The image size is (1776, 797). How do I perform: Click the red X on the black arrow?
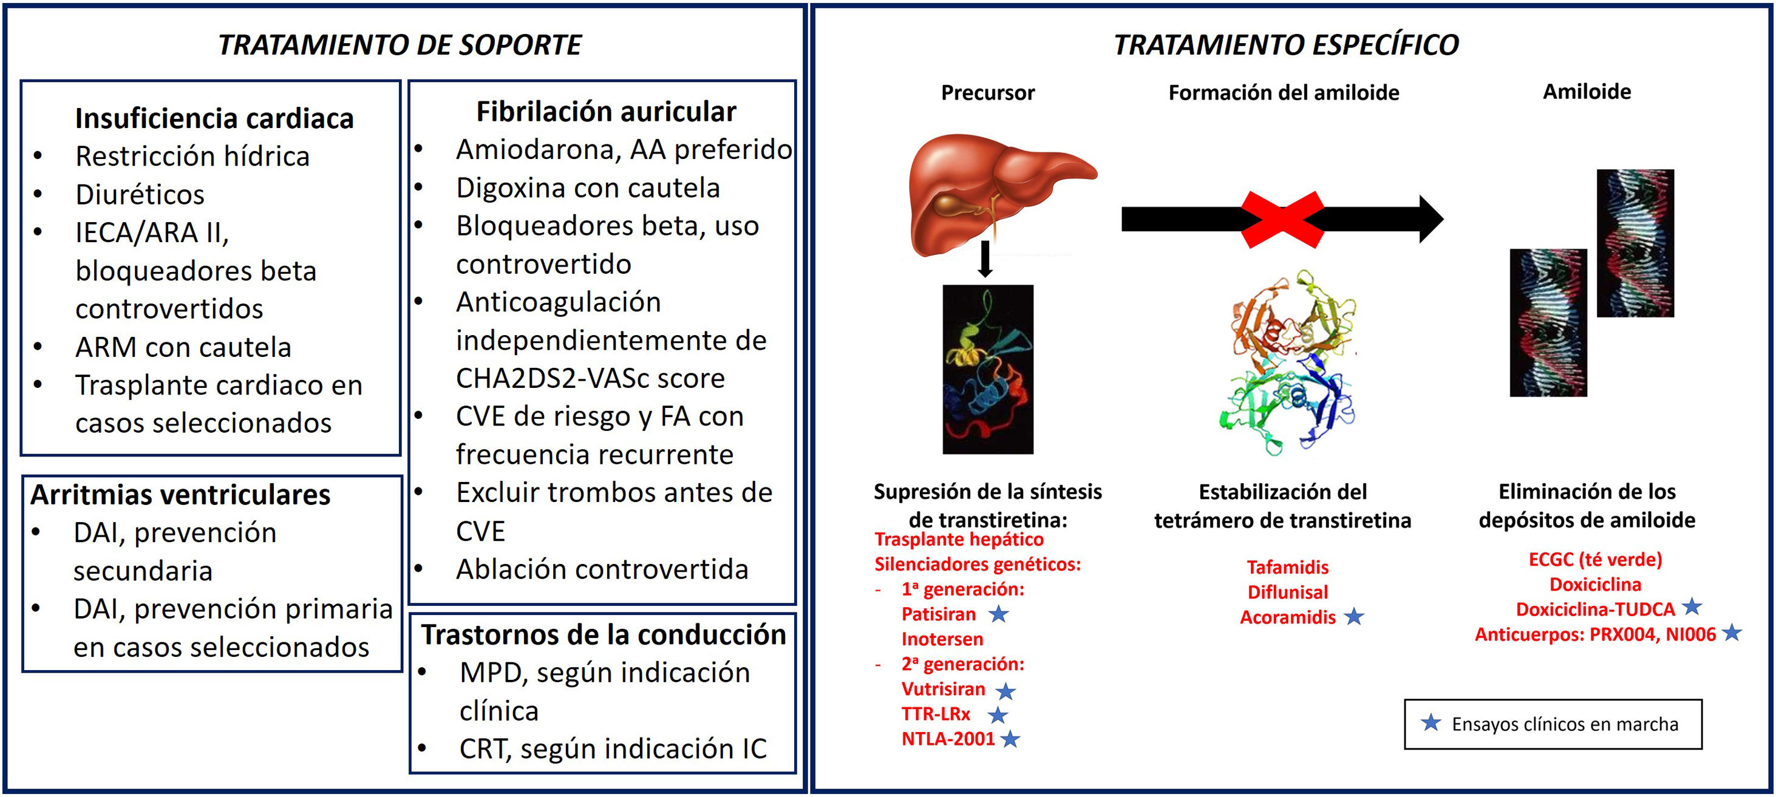[x=1282, y=219]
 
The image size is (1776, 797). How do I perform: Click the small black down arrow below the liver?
[x=985, y=259]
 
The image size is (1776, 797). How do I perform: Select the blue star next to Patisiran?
[x=998, y=614]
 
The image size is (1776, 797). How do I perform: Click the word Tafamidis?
[x=1287, y=567]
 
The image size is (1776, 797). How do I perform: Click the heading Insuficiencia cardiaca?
[x=214, y=118]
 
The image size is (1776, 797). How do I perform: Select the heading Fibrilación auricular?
[x=606, y=112]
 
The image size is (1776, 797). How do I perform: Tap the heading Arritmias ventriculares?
[x=180, y=494]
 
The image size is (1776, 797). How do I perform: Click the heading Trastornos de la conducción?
[x=604, y=634]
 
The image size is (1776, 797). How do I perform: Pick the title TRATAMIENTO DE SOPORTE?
[x=400, y=45]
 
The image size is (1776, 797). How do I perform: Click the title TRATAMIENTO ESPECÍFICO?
[x=1286, y=45]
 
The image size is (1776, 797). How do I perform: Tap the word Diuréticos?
[x=140, y=194]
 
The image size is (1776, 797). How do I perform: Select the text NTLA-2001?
[x=948, y=739]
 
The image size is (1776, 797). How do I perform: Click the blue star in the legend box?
[x=1431, y=722]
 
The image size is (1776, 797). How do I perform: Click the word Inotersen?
[x=942, y=639]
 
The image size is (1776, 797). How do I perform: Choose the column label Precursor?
[x=987, y=92]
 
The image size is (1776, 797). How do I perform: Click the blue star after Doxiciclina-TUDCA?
[x=1692, y=607]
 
